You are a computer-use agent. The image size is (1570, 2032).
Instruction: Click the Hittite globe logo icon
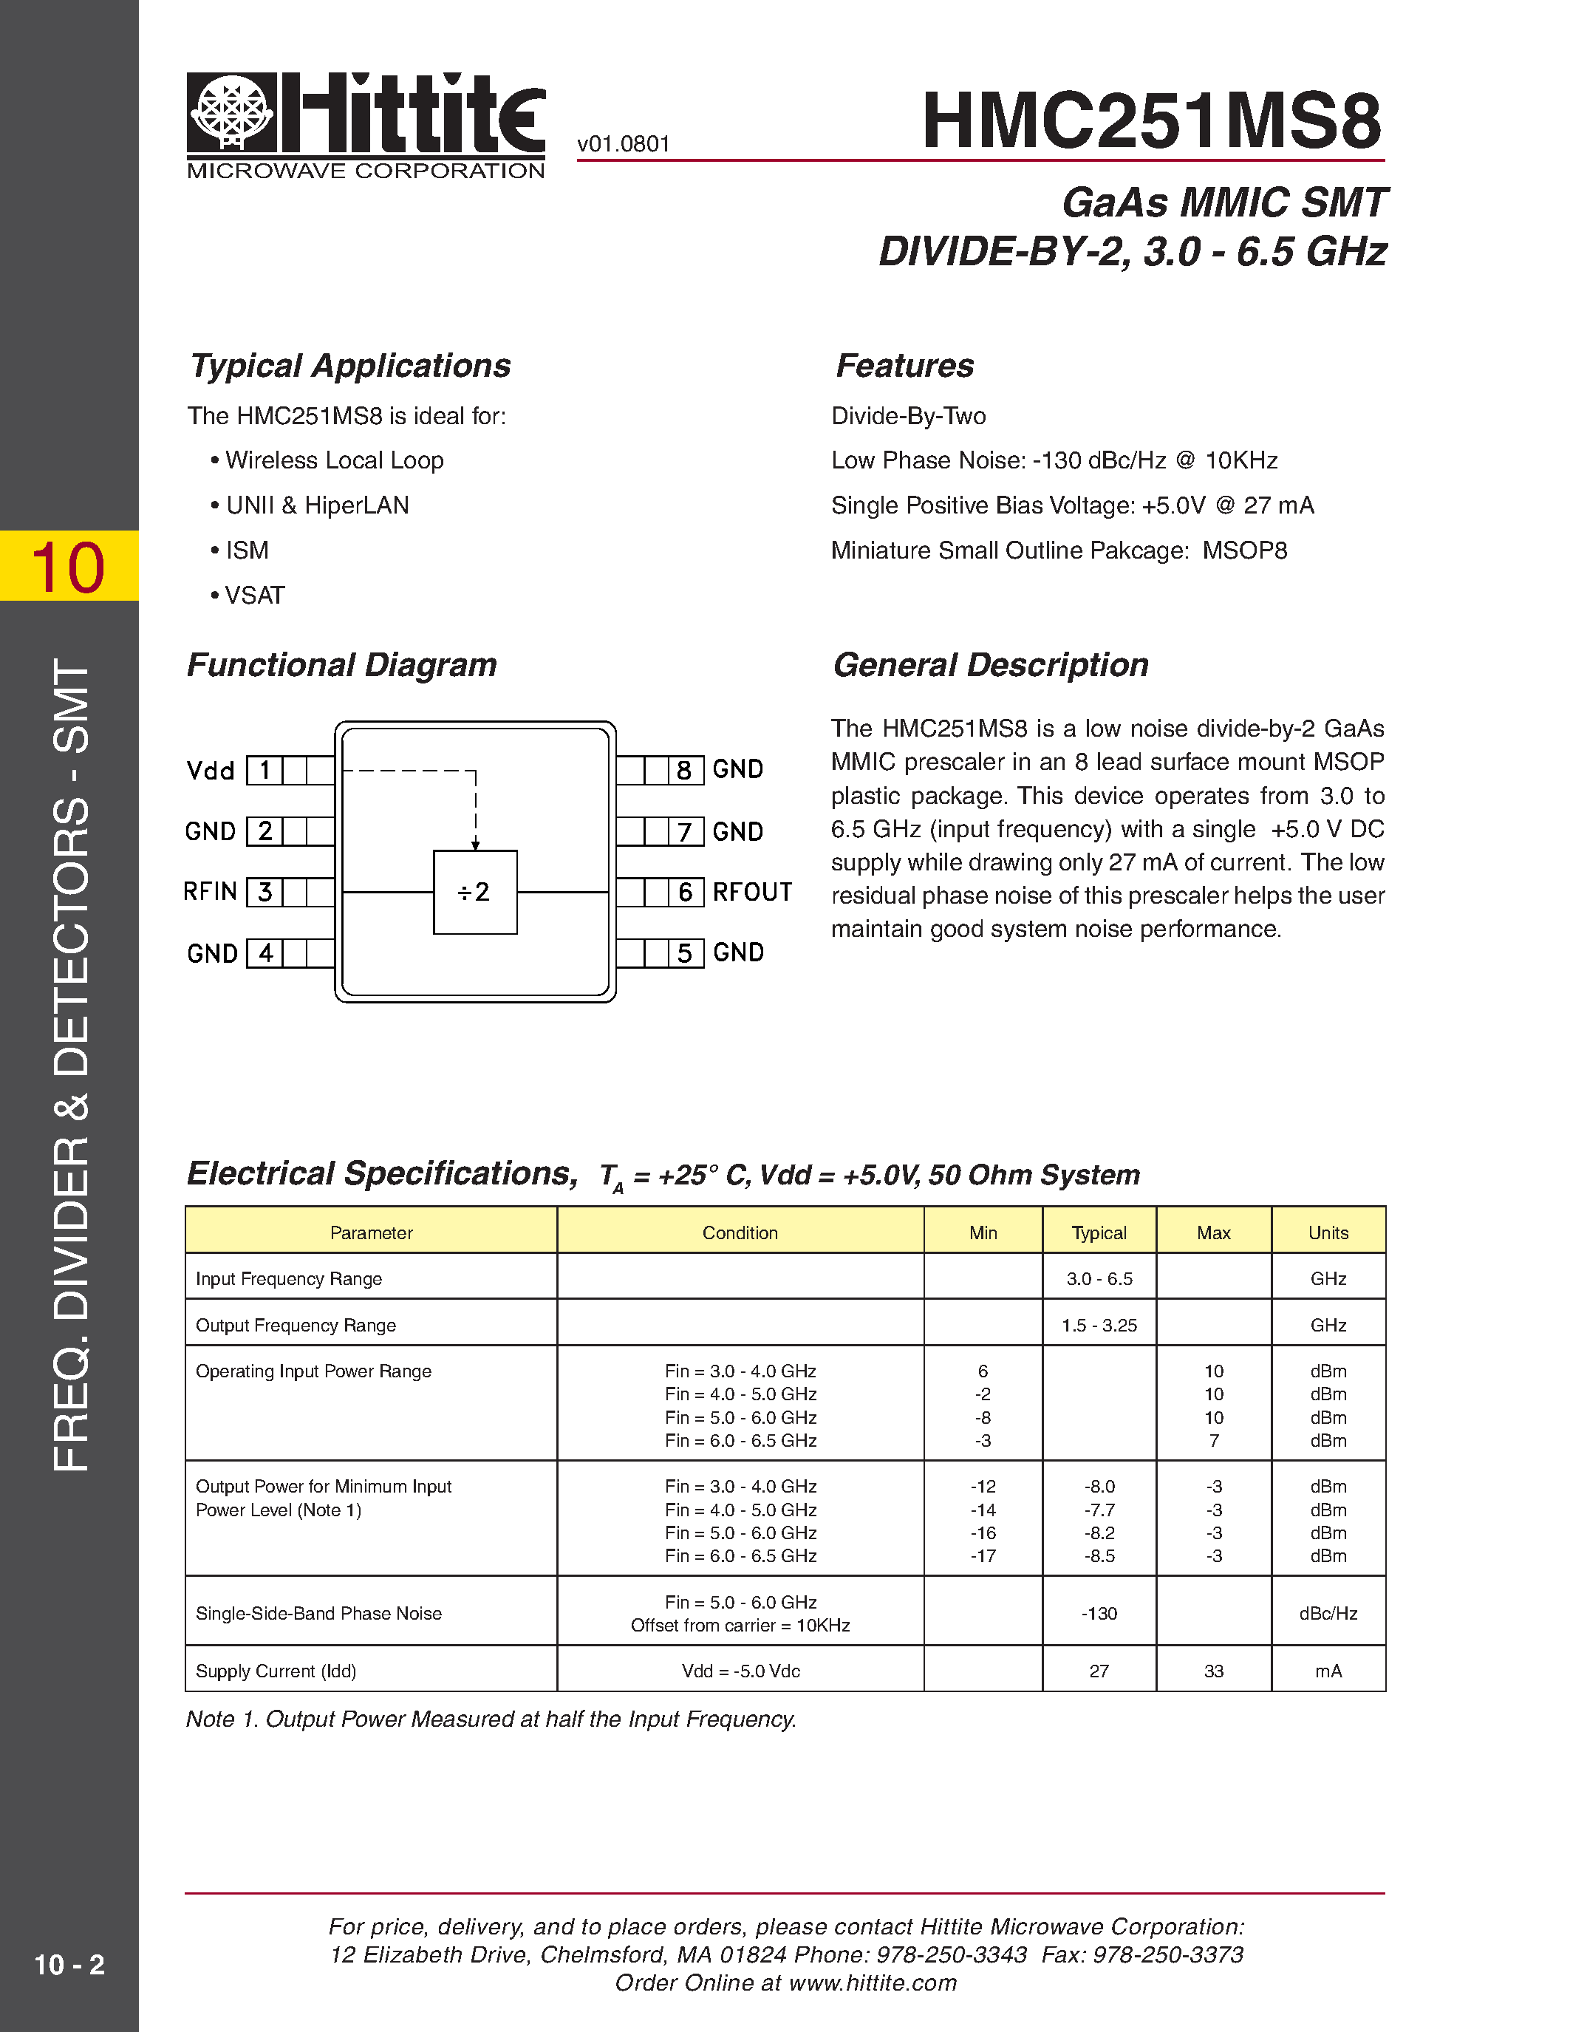[231, 112]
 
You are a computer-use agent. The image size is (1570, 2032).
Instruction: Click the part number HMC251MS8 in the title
[1152, 121]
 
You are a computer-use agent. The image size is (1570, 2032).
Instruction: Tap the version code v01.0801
[623, 144]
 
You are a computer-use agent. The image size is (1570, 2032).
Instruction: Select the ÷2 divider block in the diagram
[475, 893]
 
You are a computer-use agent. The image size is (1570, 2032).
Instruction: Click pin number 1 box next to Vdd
[265, 771]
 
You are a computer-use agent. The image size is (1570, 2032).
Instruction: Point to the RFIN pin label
[211, 891]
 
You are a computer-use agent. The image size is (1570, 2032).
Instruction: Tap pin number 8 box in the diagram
[685, 771]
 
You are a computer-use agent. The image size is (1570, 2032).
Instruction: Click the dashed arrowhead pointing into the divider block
[475, 844]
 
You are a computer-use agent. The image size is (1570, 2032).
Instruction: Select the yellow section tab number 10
[69, 567]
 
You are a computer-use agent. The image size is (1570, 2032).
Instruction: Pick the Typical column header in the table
[1099, 1233]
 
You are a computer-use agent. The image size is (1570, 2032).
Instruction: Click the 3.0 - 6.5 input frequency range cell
[1099, 1279]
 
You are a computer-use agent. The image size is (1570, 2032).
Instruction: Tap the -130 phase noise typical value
[1099, 1613]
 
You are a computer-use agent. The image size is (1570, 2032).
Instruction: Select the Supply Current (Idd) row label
[276, 1671]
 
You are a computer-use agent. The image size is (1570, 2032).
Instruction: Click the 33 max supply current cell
[1214, 1671]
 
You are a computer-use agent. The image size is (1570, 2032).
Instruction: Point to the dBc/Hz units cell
[1328, 1613]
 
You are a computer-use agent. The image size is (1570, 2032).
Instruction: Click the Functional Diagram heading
[341, 665]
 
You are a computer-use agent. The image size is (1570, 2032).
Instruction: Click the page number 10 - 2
[69, 1964]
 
